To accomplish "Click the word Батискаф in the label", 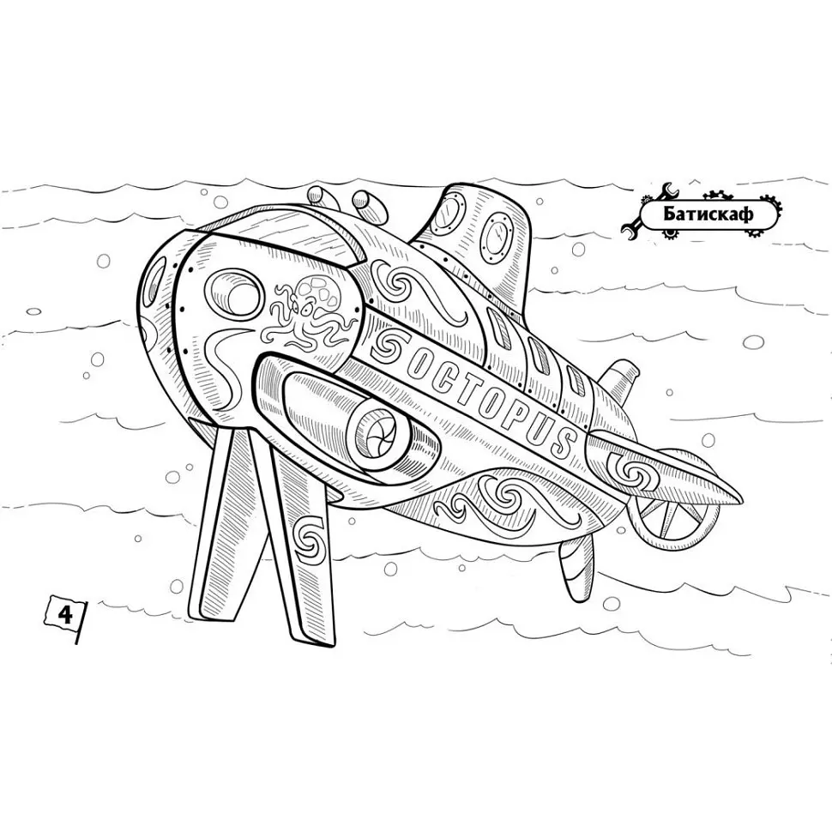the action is pos(708,214).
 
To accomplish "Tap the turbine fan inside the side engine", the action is pos(377,431).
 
